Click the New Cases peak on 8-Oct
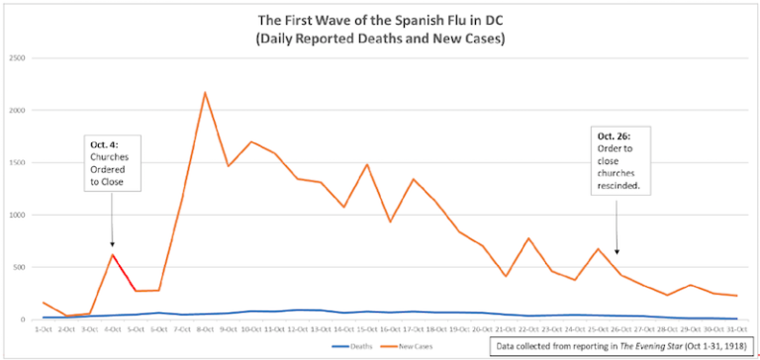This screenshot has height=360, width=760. [x=205, y=93]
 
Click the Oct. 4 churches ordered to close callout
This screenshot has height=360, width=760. [x=112, y=163]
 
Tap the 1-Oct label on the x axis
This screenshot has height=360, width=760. [x=43, y=328]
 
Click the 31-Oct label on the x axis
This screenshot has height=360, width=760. [x=737, y=328]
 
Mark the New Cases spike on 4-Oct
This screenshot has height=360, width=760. [x=112, y=255]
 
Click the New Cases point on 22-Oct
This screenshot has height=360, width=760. [x=528, y=238]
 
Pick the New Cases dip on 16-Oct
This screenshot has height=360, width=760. [x=390, y=222]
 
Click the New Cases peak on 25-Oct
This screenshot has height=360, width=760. [x=598, y=249]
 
